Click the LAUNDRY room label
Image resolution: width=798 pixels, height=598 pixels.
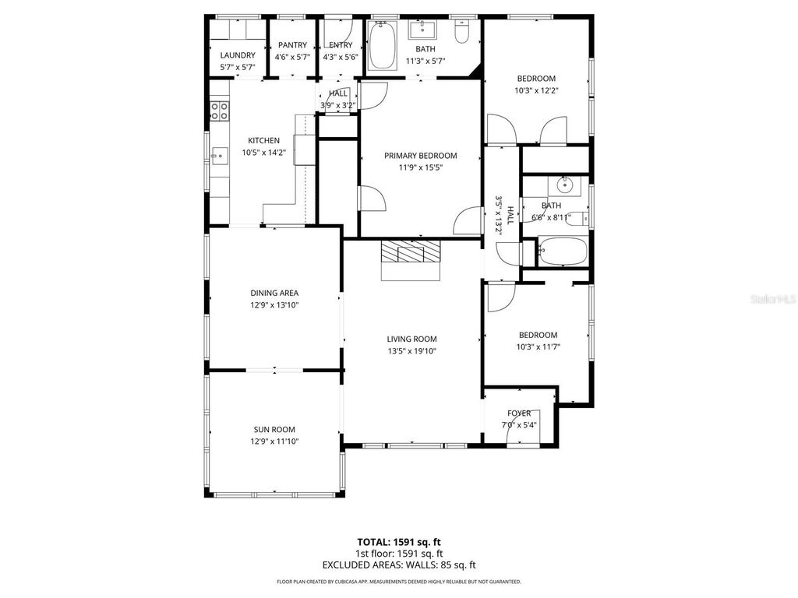coord(238,55)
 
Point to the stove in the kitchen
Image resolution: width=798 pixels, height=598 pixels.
coord(219,111)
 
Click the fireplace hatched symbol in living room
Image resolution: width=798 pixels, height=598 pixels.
coord(411,252)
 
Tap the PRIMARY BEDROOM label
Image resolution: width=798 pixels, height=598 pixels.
coord(420,156)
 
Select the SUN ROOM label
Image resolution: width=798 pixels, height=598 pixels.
coord(274,429)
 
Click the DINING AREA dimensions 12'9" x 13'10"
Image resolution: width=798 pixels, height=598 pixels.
coord(274,304)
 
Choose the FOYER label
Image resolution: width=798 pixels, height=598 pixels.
coord(519,413)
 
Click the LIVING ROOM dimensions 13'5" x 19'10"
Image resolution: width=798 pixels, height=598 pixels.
coord(411,350)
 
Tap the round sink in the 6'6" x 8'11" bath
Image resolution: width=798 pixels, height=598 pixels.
coord(566,186)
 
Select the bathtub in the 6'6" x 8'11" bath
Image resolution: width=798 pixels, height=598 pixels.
coord(560,252)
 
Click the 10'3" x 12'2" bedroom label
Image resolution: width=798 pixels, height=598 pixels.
coord(536,79)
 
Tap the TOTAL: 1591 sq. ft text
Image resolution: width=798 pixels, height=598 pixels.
coord(398,542)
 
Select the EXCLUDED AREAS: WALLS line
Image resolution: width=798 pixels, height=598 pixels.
coord(398,565)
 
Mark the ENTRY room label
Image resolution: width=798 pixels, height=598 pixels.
coord(341,45)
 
